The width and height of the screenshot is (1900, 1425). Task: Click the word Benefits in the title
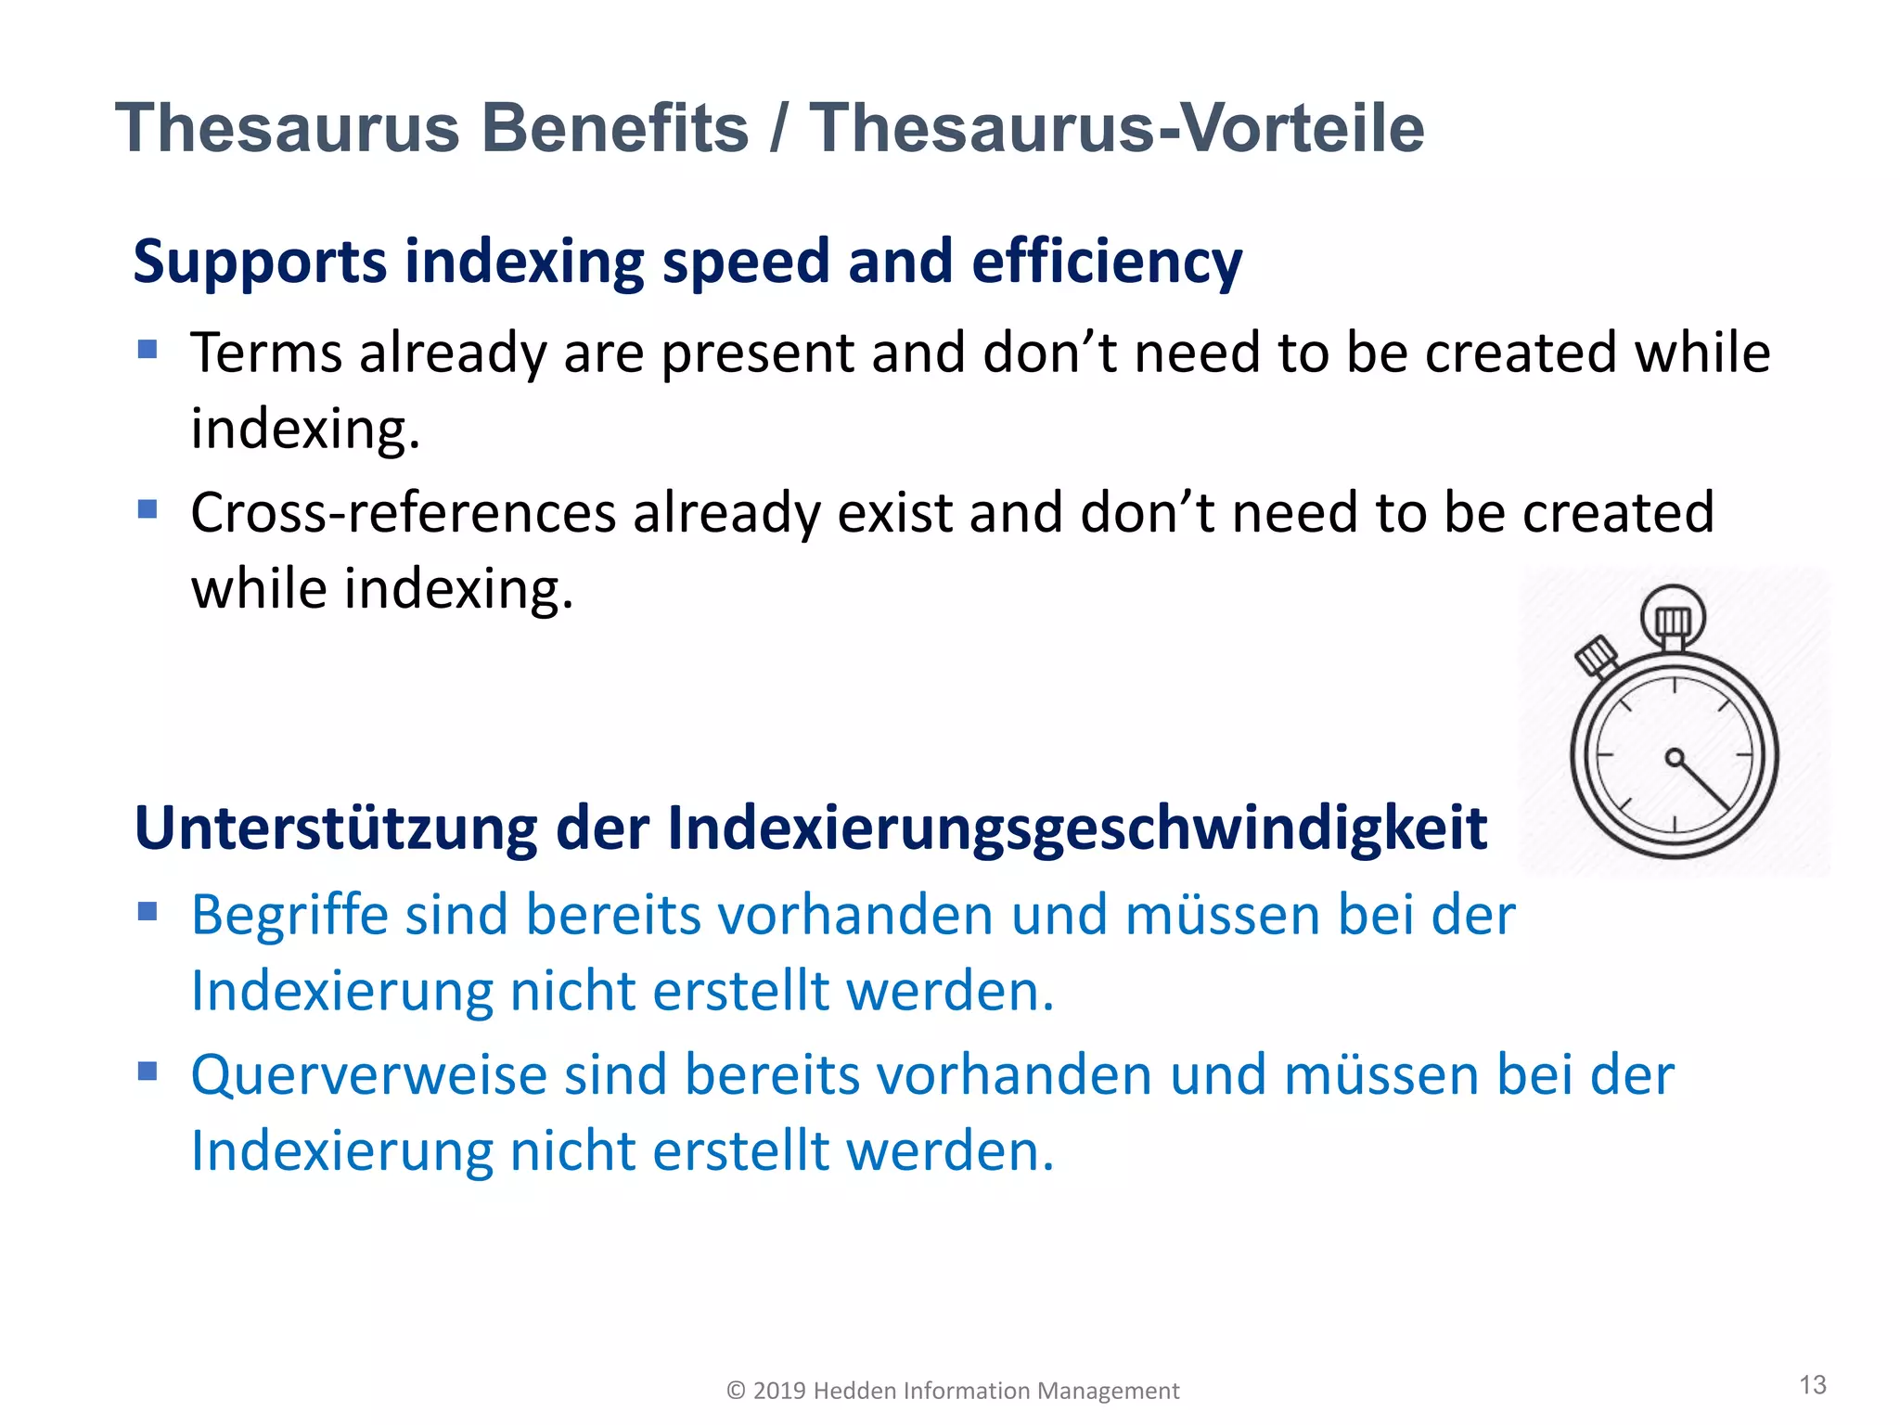[x=615, y=128]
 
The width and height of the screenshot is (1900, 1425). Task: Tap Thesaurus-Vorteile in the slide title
[x=1117, y=128]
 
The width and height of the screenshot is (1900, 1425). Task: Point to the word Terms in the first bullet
[x=266, y=353]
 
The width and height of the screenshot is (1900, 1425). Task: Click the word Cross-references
[x=404, y=513]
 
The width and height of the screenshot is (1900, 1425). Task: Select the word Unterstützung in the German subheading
[x=336, y=828]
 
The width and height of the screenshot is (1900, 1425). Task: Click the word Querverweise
[x=369, y=1075]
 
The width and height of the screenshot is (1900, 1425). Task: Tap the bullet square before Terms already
[x=148, y=350]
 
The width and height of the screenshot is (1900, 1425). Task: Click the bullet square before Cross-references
[x=148, y=509]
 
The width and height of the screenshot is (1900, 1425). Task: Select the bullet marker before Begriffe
[x=148, y=911]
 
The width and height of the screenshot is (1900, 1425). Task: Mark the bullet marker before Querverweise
[x=148, y=1072]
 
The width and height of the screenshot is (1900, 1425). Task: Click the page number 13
[x=1812, y=1385]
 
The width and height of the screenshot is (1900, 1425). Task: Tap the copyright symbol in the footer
[x=736, y=1391]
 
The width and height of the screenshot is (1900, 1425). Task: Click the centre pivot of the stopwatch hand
[x=1674, y=758]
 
